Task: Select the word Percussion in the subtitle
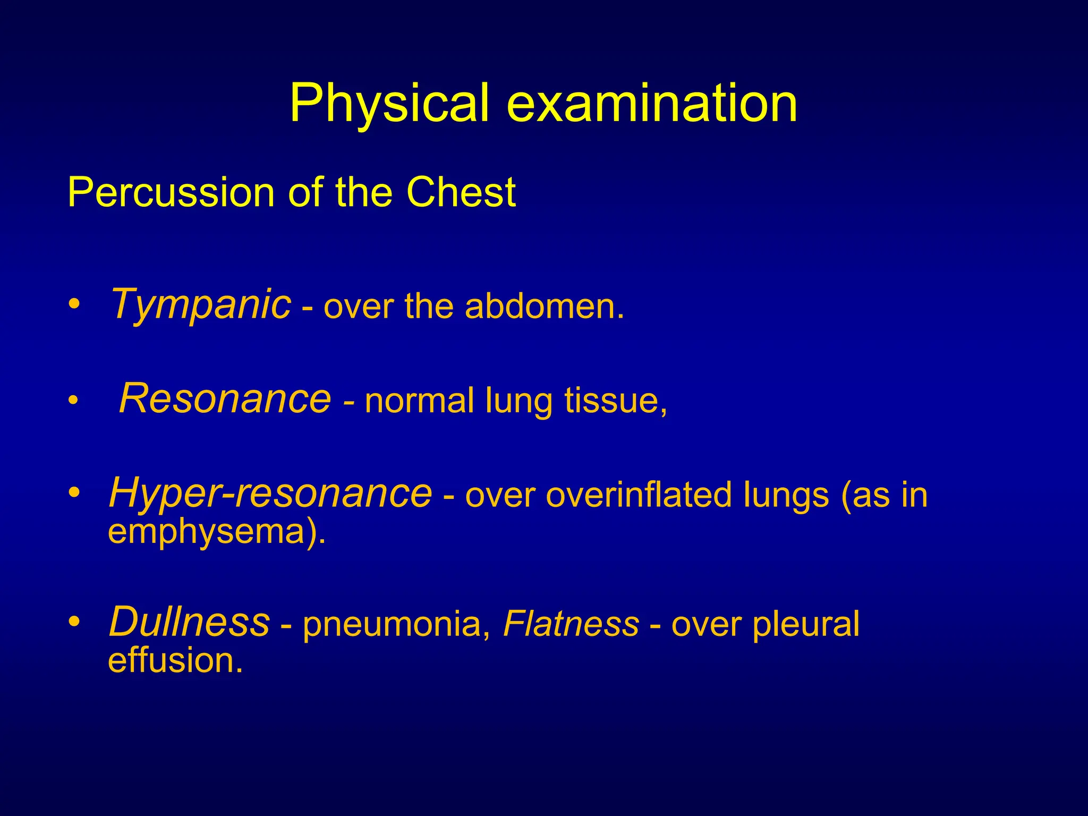[x=171, y=192]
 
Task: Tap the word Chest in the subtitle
[x=461, y=192]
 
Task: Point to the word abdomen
[x=544, y=307]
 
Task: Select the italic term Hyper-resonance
[x=270, y=493]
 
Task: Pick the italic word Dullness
[x=189, y=622]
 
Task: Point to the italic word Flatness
[x=571, y=623]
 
